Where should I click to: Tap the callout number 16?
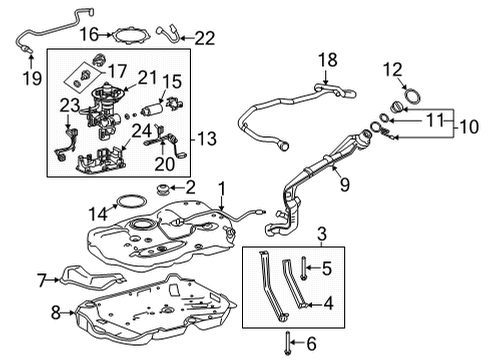[x=88, y=34]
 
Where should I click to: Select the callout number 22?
[x=204, y=38]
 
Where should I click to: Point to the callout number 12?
[x=391, y=69]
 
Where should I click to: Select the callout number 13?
[x=209, y=137]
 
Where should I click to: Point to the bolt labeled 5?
[x=301, y=267]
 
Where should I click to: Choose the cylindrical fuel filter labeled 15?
[x=150, y=105]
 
